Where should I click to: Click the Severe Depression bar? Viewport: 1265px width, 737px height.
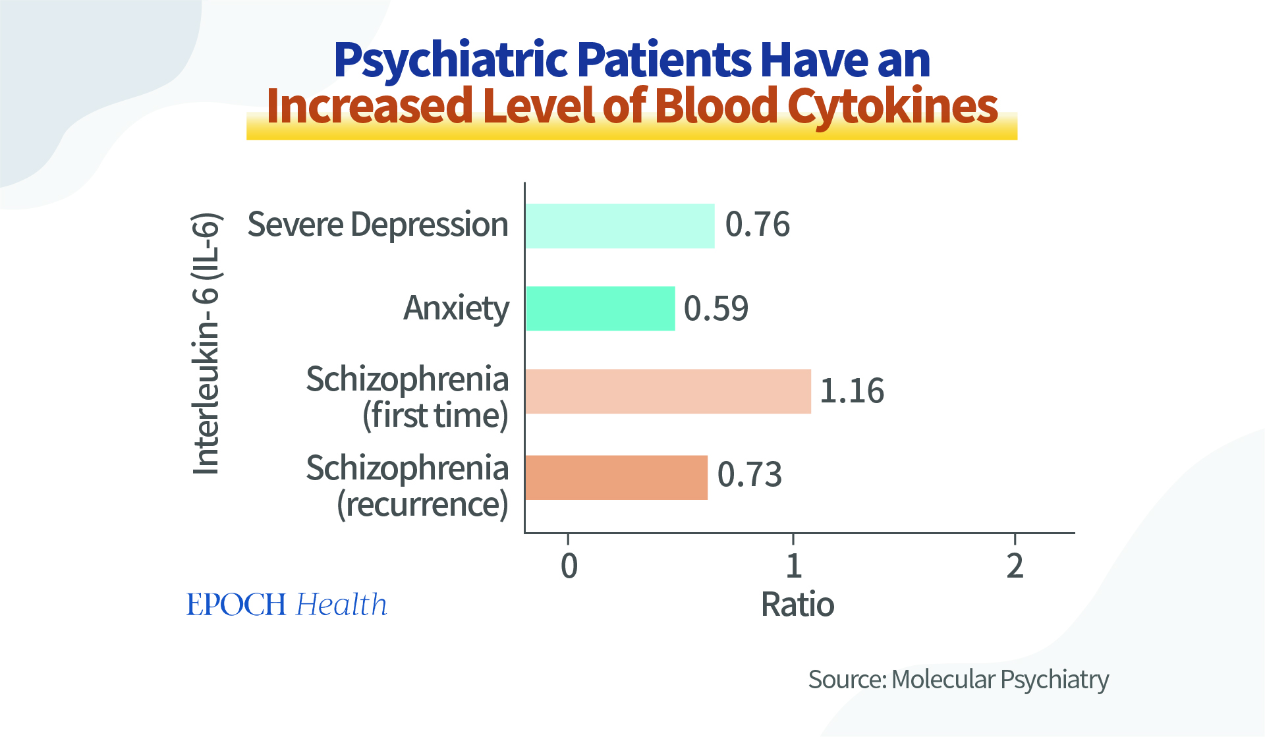tap(619, 226)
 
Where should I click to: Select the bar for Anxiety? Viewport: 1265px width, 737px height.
tap(600, 308)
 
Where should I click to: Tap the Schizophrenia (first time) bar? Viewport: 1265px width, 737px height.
tap(667, 391)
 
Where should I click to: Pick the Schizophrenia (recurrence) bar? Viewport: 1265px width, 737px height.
tap(616, 478)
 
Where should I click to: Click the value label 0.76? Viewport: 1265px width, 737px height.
tap(757, 225)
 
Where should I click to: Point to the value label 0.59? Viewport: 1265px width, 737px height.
tap(716, 308)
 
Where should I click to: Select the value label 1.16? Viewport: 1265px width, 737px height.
tap(851, 391)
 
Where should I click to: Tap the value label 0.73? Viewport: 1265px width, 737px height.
tap(749, 474)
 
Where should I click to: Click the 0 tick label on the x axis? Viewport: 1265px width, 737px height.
tap(569, 566)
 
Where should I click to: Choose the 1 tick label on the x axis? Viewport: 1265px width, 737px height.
tap(793, 566)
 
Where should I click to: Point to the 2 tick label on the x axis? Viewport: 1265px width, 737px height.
tap(1015, 566)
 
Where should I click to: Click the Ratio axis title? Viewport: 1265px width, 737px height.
tap(797, 605)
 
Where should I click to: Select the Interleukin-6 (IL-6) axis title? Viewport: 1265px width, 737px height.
tap(206, 343)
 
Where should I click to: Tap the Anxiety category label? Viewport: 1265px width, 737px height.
tap(456, 308)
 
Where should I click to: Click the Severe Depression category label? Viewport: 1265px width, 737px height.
tap(378, 225)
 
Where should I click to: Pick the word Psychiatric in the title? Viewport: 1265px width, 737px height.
tap(451, 61)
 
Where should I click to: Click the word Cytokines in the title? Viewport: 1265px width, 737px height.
tap(893, 107)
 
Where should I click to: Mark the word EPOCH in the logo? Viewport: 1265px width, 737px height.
tap(236, 605)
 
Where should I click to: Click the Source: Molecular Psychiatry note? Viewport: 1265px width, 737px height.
tap(958, 680)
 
